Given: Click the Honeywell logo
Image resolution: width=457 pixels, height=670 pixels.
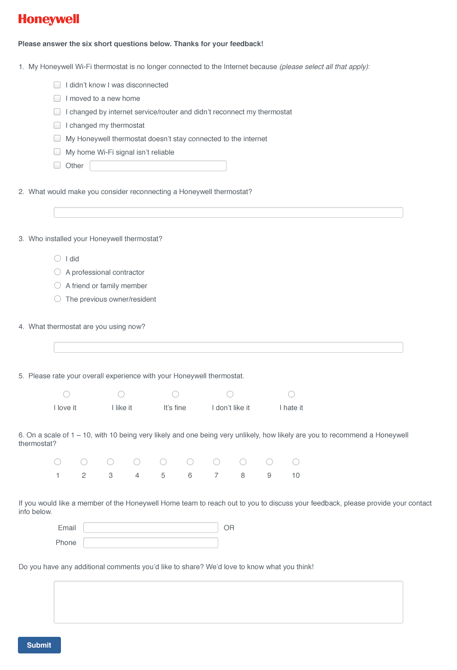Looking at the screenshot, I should coord(48,19).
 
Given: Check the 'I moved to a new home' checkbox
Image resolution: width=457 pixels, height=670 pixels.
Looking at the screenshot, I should coord(57,98).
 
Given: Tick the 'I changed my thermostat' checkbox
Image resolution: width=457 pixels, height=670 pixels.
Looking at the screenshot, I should coord(57,125).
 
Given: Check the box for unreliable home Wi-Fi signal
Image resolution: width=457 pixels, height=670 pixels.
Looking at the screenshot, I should coord(57,152).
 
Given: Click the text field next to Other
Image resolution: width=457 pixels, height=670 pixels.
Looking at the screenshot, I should coord(158,166).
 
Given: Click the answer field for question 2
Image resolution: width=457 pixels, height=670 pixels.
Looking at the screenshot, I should coord(228,212).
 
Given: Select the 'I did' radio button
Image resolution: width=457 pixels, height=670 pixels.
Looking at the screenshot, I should coord(57,259).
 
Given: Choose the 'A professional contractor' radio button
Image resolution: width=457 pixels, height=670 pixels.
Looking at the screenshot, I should coord(57,272).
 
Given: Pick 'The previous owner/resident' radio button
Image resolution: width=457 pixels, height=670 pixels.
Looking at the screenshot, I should coord(57,299).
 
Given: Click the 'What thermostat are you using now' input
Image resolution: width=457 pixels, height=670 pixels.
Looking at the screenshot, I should coord(228,347).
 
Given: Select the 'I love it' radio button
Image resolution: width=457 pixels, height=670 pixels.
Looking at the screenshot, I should coord(66,394).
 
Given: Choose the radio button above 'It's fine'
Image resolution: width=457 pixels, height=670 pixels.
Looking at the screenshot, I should coord(175,394).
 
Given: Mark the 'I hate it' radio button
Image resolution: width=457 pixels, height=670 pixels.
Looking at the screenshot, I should coord(291,394).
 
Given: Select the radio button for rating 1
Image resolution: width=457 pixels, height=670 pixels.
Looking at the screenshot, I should coord(57,462).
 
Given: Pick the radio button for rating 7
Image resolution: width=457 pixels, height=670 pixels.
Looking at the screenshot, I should coord(216,462).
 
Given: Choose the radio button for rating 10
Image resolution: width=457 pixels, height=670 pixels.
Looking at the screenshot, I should coord(296,462).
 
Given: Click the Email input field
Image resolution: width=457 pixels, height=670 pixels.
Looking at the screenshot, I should coord(151,527).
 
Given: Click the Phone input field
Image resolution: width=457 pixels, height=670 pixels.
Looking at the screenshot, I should coord(151,543).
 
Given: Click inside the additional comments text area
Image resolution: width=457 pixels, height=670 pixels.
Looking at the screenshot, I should coord(228,602).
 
